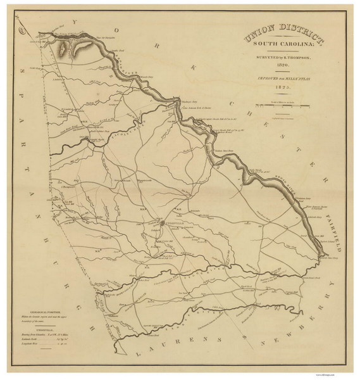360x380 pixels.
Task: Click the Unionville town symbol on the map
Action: [159, 225]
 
